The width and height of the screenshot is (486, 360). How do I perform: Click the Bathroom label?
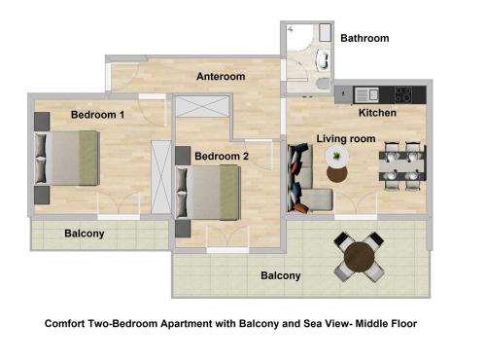click(364, 39)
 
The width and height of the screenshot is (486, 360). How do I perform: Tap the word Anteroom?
click(220, 76)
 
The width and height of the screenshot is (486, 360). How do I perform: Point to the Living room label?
click(346, 139)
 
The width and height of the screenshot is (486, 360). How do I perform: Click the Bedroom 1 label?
click(97, 115)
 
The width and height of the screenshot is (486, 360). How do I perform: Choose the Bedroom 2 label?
click(222, 156)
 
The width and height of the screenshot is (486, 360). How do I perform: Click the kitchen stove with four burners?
click(401, 94)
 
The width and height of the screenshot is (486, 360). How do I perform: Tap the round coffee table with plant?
click(337, 175)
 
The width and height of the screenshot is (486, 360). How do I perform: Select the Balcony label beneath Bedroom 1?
click(85, 234)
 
